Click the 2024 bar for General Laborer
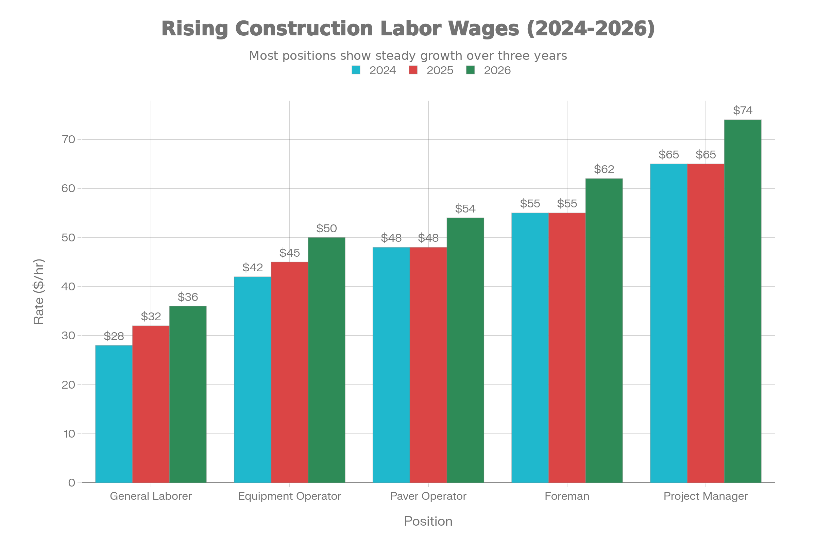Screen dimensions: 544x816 114,413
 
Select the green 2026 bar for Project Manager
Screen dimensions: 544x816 743,301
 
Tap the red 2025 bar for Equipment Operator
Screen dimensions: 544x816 289,372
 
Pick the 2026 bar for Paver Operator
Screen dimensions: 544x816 465,350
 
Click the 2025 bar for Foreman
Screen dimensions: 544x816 567,347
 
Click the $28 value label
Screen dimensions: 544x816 114,336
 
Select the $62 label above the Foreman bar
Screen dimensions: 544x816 604,169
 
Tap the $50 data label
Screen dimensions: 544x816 326,228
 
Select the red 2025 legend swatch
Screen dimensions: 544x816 413,70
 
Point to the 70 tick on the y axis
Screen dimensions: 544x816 68,139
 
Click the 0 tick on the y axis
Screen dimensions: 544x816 71,482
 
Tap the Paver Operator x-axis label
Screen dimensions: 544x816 428,496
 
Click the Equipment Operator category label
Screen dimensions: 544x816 289,496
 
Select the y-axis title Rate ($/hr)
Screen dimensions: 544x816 39,291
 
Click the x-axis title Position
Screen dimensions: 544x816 428,522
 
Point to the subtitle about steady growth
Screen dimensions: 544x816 408,55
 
